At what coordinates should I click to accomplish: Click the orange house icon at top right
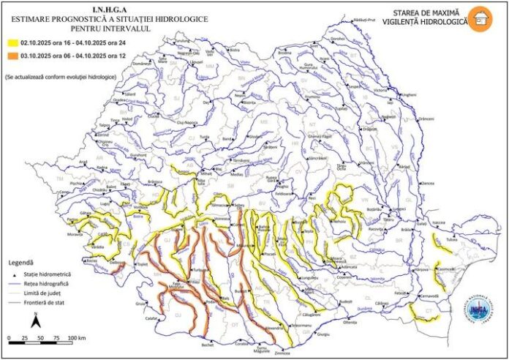point(480,18)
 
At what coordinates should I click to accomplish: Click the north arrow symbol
point(35,320)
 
